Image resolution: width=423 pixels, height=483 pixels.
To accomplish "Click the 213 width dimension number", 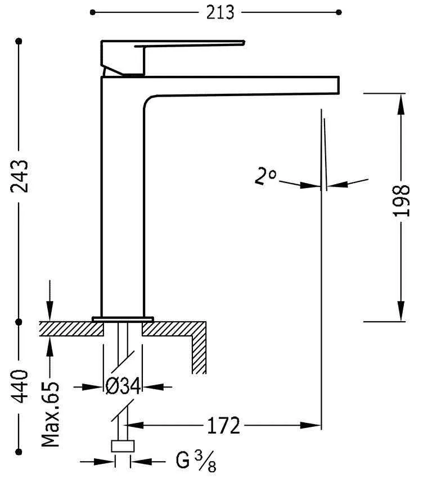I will click(220, 12).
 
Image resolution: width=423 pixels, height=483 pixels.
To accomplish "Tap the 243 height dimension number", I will click(20, 176).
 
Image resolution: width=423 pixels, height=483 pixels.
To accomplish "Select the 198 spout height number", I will click(400, 201).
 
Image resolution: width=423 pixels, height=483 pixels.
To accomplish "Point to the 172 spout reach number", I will click(223, 425).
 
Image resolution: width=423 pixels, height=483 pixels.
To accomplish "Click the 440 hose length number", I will click(20, 387).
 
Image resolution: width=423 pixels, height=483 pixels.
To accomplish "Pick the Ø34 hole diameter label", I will click(123, 386).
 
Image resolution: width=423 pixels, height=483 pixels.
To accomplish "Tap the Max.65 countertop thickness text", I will click(51, 416).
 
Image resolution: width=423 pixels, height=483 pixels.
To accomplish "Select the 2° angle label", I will click(265, 177).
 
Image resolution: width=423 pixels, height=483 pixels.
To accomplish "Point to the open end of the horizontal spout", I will click(337, 84).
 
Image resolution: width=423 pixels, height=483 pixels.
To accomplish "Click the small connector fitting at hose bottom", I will click(123, 446).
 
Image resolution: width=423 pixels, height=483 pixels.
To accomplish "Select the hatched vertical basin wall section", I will click(199, 351).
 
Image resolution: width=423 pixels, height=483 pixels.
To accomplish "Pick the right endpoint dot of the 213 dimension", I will click(339, 12).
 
